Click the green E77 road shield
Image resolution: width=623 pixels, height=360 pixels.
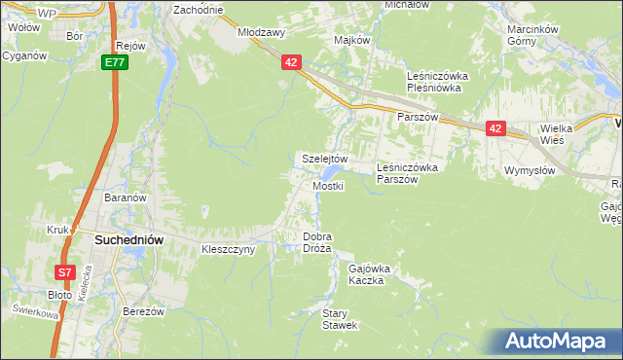coord(115,62)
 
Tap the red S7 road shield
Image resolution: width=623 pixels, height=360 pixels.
coord(64,273)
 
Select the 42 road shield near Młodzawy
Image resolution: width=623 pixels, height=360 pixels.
coord(292,62)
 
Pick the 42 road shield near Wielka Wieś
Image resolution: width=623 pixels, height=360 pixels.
coord(495,127)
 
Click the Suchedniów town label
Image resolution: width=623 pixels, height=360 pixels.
coord(128,238)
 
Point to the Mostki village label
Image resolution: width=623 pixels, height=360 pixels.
coord(327,186)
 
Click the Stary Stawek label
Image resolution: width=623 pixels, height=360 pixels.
coord(341,319)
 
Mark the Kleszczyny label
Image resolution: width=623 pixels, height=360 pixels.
coord(228,249)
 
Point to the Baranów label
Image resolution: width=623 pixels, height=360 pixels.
coord(125,198)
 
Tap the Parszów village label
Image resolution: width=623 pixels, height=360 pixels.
coord(420,116)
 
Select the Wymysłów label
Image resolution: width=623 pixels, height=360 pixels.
coord(530,170)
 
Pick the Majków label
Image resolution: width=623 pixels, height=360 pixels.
coord(352,41)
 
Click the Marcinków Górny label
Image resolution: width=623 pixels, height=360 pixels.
coord(536,36)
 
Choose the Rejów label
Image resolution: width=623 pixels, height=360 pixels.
coord(129,46)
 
